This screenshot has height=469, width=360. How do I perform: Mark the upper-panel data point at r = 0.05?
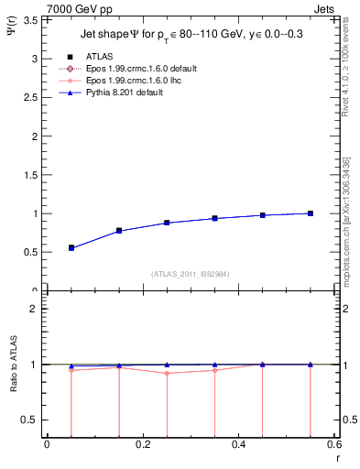click(71, 247)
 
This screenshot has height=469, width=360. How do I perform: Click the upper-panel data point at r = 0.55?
click(311, 213)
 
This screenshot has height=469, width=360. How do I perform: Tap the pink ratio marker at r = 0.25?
click(167, 373)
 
